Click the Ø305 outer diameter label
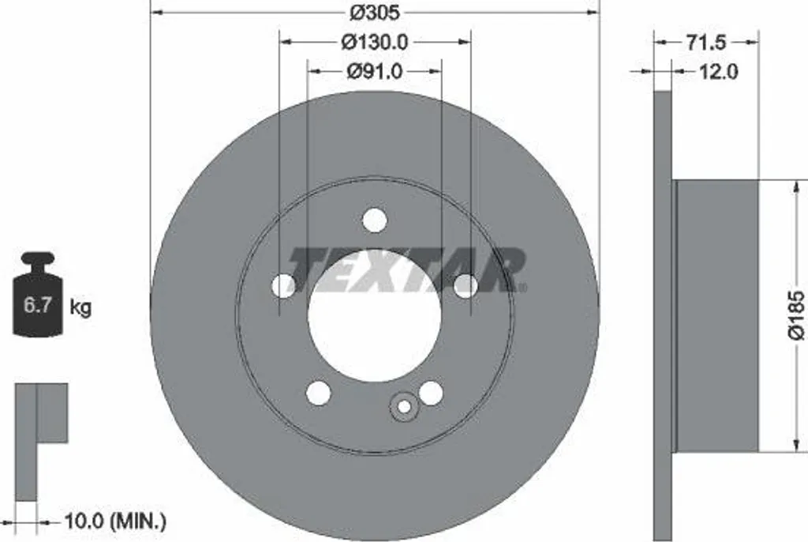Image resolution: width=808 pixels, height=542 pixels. [375, 12]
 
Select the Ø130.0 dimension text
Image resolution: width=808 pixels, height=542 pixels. [375, 42]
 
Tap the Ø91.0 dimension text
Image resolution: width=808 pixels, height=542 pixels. [375, 71]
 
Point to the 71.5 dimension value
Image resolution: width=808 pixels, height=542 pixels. [705, 43]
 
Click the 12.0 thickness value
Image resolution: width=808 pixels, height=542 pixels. [718, 71]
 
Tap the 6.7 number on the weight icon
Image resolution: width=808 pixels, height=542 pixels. [38, 304]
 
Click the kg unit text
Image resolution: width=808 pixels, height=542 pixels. [80, 307]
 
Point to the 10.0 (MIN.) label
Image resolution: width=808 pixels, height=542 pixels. [115, 522]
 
